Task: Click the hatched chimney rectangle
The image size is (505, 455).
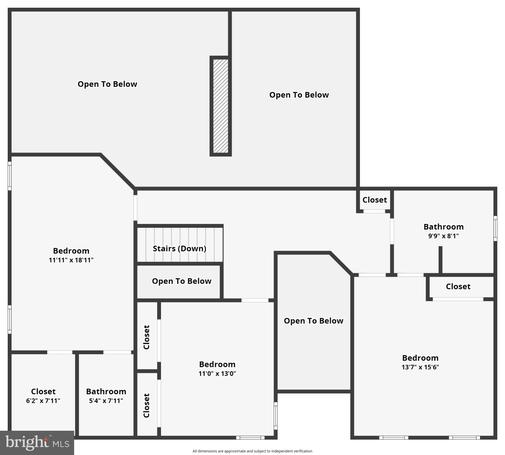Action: tap(221, 106)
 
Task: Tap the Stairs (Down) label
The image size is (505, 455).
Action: tap(179, 249)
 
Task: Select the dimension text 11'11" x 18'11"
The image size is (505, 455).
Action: tap(71, 260)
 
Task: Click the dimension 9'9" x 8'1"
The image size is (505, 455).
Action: tap(443, 236)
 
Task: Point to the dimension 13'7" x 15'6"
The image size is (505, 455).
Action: tap(420, 367)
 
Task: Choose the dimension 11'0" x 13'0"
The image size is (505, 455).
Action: tap(217, 374)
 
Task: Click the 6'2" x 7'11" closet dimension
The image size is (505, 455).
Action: tap(43, 401)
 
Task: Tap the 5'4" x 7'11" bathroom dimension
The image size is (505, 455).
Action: tap(106, 401)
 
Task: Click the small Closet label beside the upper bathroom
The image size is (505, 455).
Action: tap(375, 200)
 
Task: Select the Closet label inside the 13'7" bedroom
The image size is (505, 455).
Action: tap(458, 286)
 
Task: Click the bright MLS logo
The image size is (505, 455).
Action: tap(37, 443)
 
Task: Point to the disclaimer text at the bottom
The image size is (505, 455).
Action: tap(252, 451)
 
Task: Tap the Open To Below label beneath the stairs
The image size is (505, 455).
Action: tap(181, 281)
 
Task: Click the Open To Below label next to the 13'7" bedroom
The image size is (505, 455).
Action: tap(313, 321)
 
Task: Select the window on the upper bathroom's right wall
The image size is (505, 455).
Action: tap(495, 228)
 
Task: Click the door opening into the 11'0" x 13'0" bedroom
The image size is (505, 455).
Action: tap(255, 300)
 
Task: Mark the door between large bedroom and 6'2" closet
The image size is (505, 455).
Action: tap(60, 352)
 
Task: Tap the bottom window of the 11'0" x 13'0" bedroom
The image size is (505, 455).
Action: tap(250, 438)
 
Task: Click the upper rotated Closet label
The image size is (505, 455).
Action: tap(146, 337)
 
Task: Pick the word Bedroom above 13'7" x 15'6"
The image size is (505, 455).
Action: tap(420, 358)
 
